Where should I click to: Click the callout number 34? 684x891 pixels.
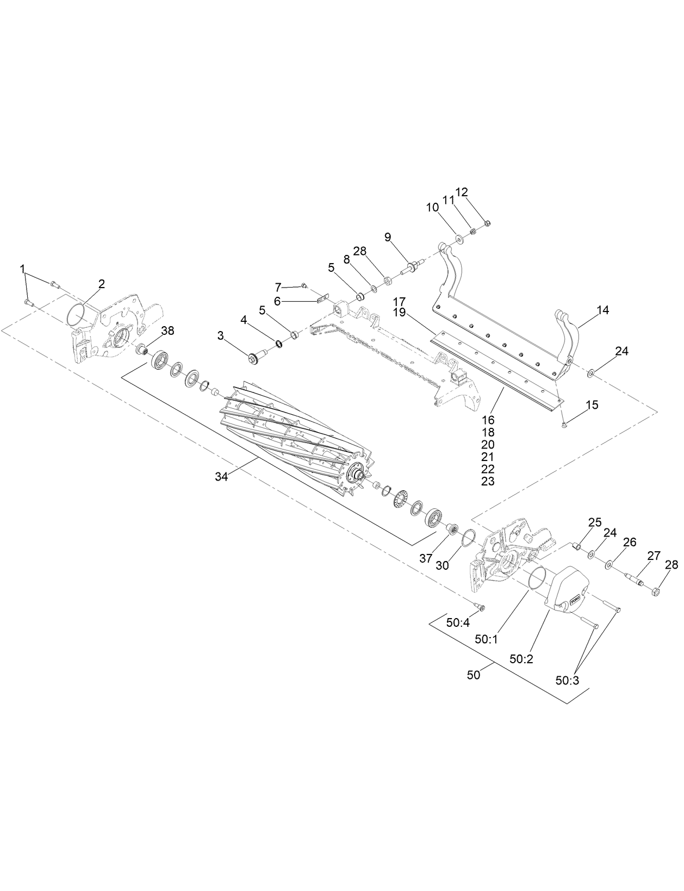[221, 476]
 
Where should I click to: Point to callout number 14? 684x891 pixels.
[602, 310]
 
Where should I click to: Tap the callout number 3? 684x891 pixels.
[221, 337]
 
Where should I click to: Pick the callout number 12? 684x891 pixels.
[461, 192]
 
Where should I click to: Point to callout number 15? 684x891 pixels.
[592, 405]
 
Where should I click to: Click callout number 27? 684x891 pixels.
[654, 556]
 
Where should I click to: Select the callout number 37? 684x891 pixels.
[426, 558]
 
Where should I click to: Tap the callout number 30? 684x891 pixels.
[443, 565]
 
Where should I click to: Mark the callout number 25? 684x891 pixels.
[595, 522]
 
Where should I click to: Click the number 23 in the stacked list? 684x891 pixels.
[488, 481]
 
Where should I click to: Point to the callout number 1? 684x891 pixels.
[22, 268]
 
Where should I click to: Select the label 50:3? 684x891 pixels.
[568, 680]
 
